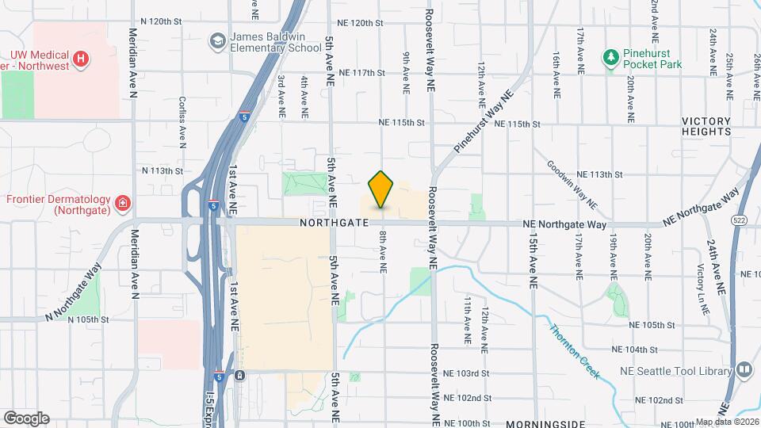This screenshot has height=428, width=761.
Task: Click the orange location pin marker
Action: [381, 189]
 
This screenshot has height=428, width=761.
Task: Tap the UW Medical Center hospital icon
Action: [79, 59]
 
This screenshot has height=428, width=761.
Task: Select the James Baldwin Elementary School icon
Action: [216, 40]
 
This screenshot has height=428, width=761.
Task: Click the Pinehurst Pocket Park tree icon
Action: [610, 57]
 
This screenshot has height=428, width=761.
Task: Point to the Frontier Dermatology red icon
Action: [123, 204]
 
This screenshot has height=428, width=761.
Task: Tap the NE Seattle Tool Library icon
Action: [744, 369]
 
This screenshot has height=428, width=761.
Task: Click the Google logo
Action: [26, 418]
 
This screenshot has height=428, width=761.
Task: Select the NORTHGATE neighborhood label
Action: [334, 224]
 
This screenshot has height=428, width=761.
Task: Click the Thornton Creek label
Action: [574, 351]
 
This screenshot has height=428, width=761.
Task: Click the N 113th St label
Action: [162, 170]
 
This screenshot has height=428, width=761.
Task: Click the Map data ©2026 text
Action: [727, 422]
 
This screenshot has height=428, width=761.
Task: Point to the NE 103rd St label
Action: [467, 373]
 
